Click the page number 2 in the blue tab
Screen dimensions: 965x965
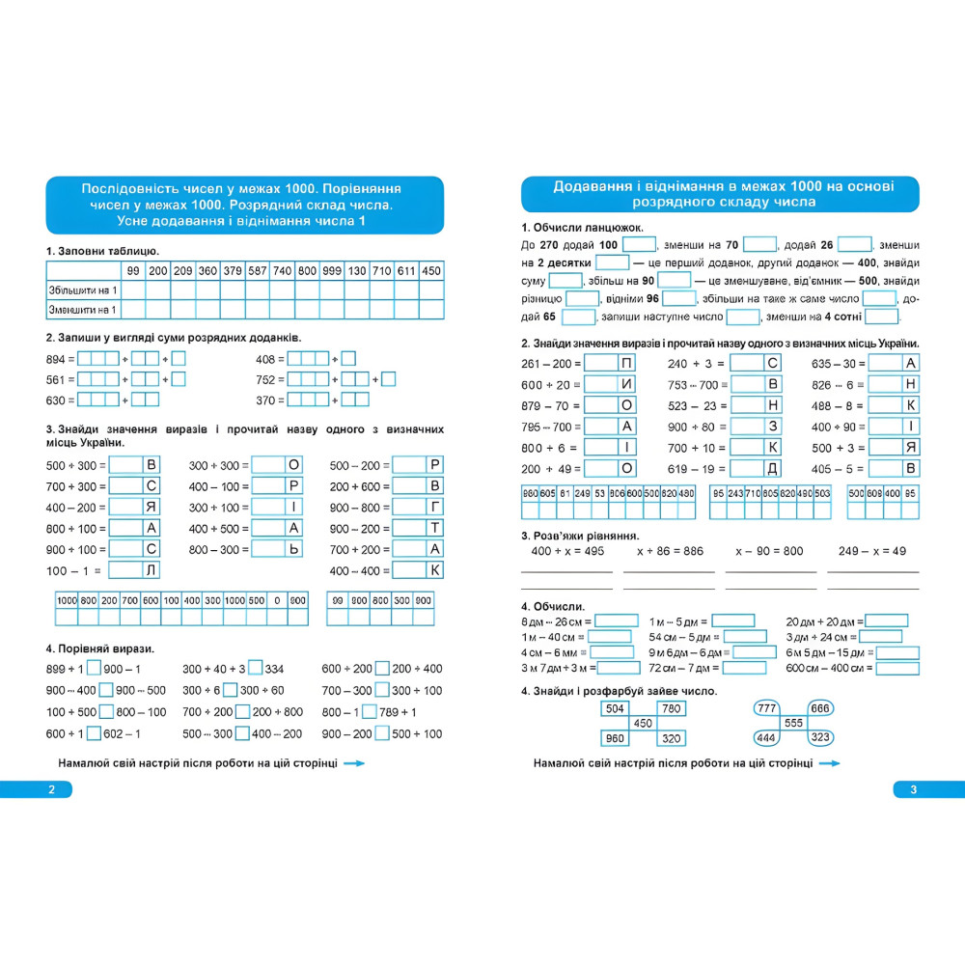point(52,790)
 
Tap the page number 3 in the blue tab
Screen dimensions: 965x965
point(912,790)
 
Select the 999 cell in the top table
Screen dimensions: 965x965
point(332,270)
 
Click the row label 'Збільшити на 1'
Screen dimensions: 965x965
point(82,289)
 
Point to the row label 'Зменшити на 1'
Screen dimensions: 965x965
point(82,309)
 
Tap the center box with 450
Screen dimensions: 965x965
point(642,723)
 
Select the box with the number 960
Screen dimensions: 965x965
point(614,738)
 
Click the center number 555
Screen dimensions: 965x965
point(793,723)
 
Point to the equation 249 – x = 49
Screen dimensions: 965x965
point(872,551)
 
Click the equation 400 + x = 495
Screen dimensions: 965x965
point(567,551)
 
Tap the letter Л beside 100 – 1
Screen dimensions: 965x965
point(151,570)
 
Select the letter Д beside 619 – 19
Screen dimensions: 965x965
point(772,469)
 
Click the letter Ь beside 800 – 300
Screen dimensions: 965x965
point(293,549)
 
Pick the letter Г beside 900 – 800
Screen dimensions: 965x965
point(435,507)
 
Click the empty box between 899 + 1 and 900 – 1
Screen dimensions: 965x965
point(94,669)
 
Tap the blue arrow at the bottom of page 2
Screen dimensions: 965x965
point(354,763)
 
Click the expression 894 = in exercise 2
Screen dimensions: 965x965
point(60,358)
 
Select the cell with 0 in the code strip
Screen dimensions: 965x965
point(277,599)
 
